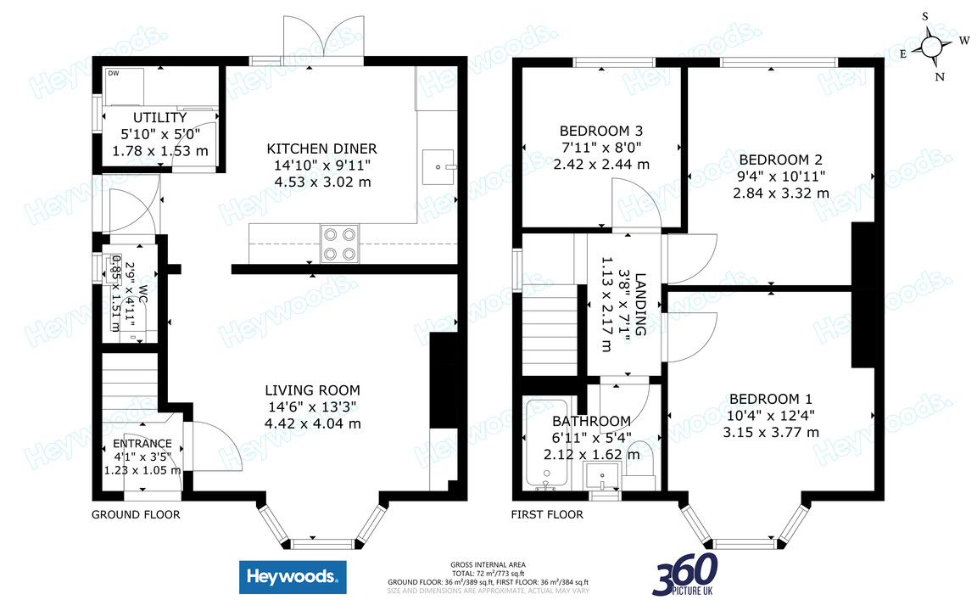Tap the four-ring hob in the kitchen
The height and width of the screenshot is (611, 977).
[x=340, y=244]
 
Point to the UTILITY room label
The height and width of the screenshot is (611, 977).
[x=159, y=117]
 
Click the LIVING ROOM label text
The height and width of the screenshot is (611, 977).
[x=313, y=390]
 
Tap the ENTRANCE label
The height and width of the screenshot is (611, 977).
[x=142, y=444]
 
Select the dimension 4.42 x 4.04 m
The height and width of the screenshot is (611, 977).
[x=313, y=423]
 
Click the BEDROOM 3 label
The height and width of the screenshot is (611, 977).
[x=601, y=131]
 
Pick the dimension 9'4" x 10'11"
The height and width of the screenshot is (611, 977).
[x=781, y=176]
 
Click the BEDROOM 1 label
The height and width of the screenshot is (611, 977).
[x=771, y=399]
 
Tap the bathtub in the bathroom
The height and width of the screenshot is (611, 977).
[x=541, y=446]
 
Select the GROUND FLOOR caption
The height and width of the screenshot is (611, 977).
[x=136, y=514]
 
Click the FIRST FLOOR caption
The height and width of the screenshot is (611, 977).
[x=547, y=514]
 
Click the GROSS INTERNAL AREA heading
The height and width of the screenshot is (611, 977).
[x=488, y=564]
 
